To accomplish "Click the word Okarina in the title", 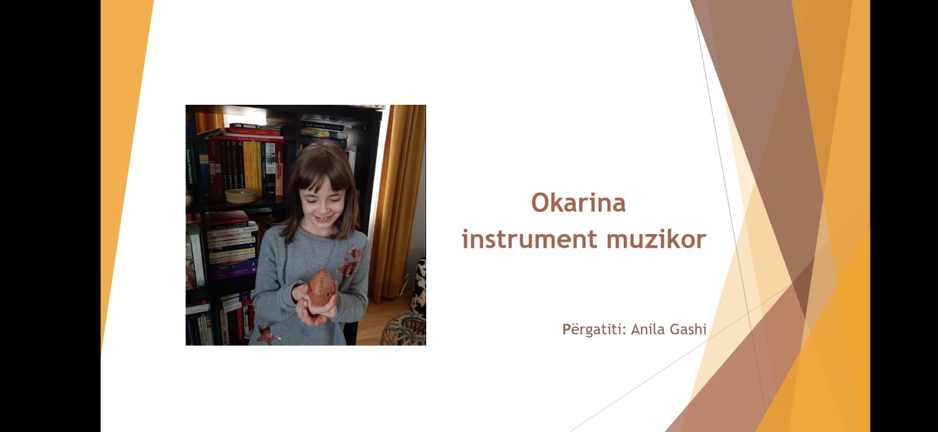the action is [x=578, y=203].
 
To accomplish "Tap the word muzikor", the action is [x=656, y=239].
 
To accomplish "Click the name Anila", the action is [x=648, y=329].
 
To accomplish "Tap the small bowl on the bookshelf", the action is [x=240, y=196].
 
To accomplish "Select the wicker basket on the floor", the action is [x=403, y=329].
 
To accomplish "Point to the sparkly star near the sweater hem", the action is [x=267, y=335].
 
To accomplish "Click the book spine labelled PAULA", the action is [x=232, y=241].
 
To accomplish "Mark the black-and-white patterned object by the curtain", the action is [x=420, y=289].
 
